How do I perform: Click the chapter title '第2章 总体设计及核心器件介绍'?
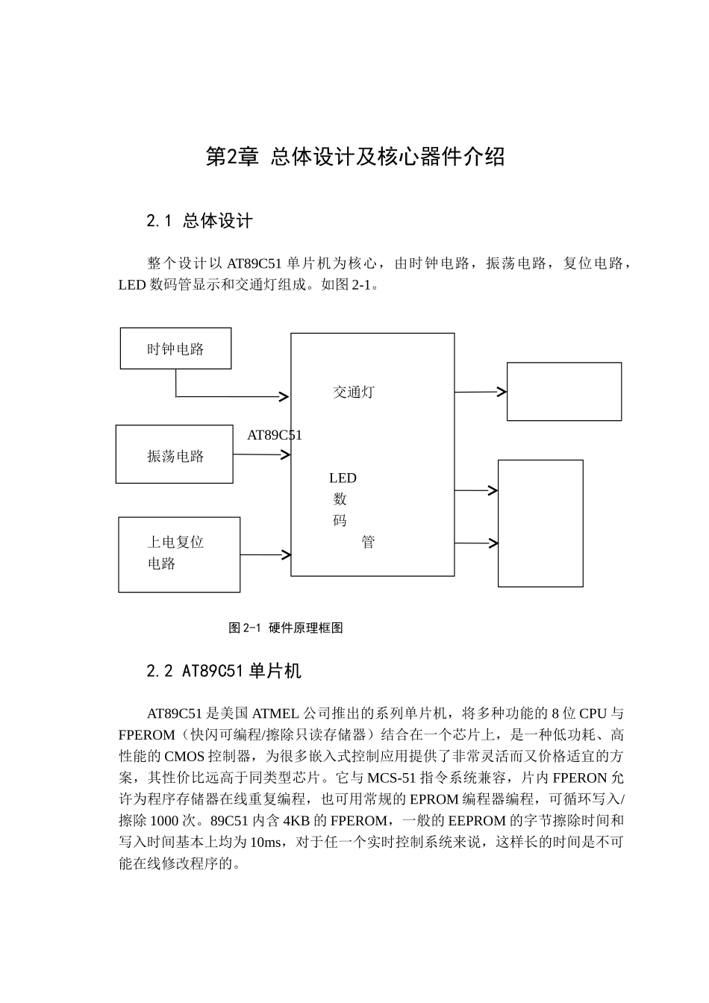click(355, 157)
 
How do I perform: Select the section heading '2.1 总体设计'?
click(199, 221)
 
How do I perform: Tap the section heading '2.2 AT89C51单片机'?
click(224, 671)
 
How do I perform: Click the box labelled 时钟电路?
click(175, 349)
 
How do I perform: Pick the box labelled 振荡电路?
click(175, 455)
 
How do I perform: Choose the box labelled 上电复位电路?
click(179, 554)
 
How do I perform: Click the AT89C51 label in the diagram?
click(274, 435)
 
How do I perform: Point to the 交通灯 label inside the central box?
click(354, 392)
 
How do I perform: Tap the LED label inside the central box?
click(343, 478)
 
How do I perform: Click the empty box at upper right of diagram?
click(564, 392)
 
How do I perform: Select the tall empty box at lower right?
click(540, 523)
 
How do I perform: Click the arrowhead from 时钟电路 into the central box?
click(284, 396)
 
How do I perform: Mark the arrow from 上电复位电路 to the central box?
click(266, 554)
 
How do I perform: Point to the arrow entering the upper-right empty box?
click(481, 392)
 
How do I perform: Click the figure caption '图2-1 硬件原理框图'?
click(286, 628)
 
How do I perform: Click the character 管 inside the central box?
click(368, 543)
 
